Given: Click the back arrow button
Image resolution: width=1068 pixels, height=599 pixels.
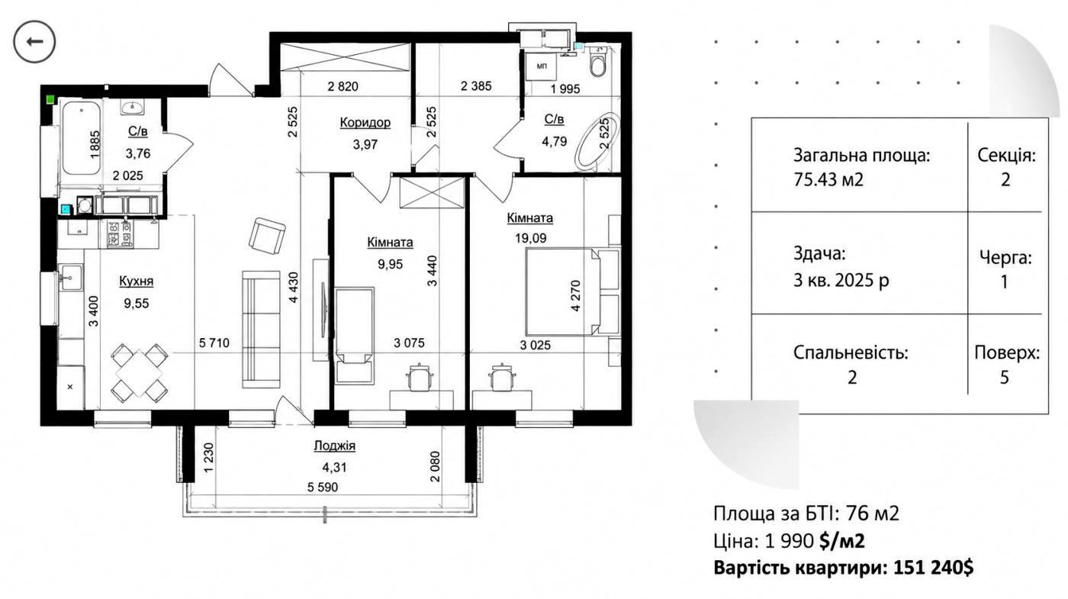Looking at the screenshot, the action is point(34,42).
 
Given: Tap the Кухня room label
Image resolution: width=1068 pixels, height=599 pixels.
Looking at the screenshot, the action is point(137,281).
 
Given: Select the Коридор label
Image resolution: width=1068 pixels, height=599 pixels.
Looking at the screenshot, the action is point(365,123).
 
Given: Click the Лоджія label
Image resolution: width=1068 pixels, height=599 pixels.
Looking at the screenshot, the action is point(334,446).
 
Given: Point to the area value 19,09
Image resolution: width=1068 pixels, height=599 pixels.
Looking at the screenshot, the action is point(531,238).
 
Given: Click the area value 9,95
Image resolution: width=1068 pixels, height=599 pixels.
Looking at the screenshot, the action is point(391,264).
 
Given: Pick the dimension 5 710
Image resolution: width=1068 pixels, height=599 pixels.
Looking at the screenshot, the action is point(214,343).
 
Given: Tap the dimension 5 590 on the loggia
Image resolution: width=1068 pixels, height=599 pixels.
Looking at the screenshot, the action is point(323,488).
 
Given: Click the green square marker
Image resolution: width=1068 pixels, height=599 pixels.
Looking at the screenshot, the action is point(50,100).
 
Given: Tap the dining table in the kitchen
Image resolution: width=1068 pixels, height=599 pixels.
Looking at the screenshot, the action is point(139,372).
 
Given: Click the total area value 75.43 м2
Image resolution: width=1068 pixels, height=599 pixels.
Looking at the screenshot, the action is point(828,180).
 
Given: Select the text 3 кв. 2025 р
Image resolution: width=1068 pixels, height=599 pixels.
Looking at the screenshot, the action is point(841,281).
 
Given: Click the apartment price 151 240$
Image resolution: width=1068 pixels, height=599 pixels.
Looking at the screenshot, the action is point(934,568).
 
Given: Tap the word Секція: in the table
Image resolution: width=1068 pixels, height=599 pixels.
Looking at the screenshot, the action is point(1006,155).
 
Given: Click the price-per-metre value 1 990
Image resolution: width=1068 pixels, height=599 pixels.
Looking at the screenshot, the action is point(789,541).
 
